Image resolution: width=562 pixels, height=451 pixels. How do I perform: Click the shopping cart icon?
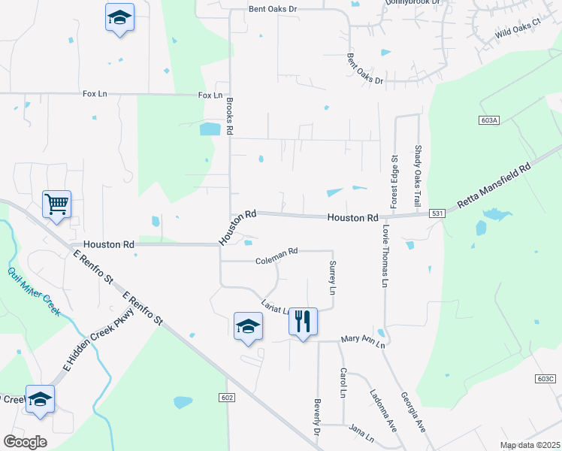(x=57, y=204)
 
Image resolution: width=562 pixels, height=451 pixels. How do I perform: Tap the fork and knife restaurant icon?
(x=303, y=322)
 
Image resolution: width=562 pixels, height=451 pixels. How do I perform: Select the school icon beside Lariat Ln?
(x=248, y=325)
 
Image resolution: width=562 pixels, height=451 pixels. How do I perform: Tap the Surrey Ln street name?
(x=331, y=277)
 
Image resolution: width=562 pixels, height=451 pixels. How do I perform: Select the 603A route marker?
(x=488, y=120)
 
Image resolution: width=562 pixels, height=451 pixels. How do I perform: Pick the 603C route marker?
(x=547, y=378)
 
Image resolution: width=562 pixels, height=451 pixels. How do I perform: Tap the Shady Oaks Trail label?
(x=418, y=177)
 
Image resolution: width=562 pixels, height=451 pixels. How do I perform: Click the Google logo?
(x=25, y=442)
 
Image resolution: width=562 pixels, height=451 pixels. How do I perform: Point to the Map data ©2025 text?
(x=530, y=445)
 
